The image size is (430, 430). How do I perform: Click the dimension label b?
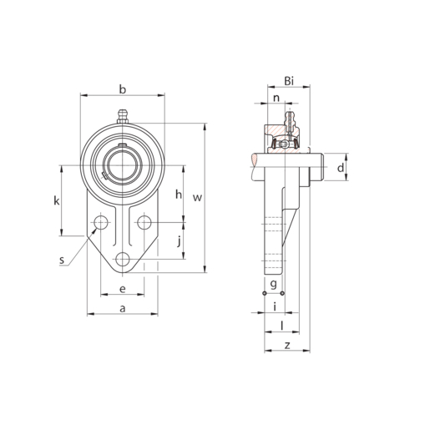(x=123, y=89)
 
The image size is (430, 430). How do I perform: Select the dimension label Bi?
(x=289, y=81)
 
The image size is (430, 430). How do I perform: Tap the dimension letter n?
(x=276, y=99)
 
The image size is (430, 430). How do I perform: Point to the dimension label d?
(x=341, y=168)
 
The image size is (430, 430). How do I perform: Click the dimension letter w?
(x=197, y=198)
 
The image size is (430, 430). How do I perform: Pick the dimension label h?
(x=179, y=195)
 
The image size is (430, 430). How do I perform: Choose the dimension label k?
(x=57, y=200)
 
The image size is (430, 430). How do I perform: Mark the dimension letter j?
(x=180, y=241)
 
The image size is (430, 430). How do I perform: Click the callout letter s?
(x=62, y=261)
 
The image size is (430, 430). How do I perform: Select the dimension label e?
(x=123, y=289)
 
